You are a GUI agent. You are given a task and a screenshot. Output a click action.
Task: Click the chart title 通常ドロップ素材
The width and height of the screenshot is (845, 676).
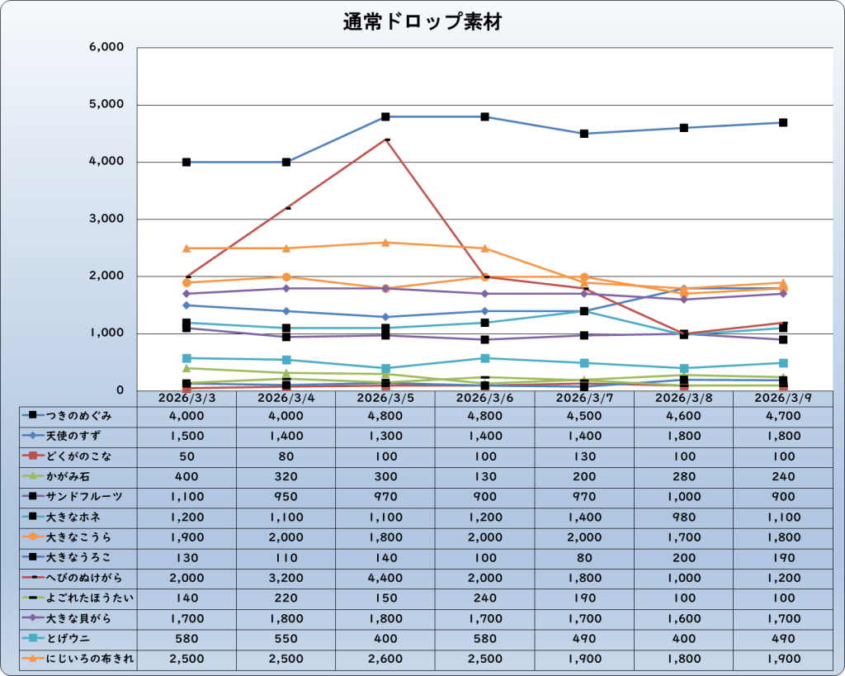pos(422,23)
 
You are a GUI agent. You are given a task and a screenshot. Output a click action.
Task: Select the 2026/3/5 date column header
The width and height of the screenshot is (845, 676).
pos(385,398)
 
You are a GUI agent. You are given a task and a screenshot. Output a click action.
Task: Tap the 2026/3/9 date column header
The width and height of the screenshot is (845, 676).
pos(782,398)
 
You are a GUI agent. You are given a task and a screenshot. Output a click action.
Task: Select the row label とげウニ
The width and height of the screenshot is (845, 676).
pos(69,638)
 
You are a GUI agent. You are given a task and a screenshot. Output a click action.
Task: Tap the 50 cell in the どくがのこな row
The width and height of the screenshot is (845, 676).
pos(186,456)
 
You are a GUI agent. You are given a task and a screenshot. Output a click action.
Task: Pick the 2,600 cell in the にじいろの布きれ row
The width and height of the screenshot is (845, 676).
pos(385,659)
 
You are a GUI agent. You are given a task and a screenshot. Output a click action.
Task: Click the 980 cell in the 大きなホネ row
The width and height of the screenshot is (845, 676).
pos(683,518)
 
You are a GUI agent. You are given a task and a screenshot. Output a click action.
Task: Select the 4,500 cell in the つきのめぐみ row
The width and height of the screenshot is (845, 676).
pos(584,416)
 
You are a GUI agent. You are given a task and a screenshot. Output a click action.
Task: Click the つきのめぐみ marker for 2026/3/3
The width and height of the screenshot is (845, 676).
pos(186,162)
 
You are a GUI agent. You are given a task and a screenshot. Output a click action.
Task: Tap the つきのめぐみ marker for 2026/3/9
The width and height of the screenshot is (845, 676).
pos(783,122)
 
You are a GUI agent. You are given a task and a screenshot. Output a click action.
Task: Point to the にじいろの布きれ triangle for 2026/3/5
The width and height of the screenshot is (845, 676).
pos(385,243)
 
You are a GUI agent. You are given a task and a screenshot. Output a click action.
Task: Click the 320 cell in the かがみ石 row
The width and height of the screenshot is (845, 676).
pos(286,477)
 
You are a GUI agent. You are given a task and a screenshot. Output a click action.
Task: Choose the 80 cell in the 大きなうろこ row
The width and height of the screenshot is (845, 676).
pos(584,558)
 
